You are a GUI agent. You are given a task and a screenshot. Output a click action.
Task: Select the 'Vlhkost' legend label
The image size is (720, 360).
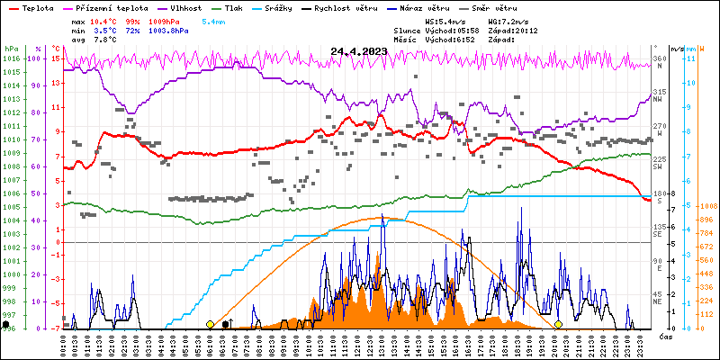tap(184, 7)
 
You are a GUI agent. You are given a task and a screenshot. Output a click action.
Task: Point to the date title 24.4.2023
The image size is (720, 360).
tap(359, 51)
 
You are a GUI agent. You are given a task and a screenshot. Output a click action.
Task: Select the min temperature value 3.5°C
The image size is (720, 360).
tap(101, 30)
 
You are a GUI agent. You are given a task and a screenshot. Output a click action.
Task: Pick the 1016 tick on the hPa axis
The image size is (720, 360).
tap(11, 58)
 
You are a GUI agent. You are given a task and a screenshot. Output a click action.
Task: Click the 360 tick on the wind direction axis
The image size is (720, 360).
tap(658, 58)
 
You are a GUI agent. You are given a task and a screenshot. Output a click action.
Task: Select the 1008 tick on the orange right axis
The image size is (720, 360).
tap(706, 205)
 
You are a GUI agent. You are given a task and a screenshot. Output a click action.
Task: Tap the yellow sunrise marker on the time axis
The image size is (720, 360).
tap(210, 324)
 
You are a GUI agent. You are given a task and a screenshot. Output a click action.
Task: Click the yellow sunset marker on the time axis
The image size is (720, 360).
tap(558, 324)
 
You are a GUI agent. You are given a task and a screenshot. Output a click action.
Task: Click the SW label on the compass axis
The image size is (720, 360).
tap(658, 167)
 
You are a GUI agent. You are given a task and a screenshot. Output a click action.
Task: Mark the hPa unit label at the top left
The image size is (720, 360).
tap(11, 48)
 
